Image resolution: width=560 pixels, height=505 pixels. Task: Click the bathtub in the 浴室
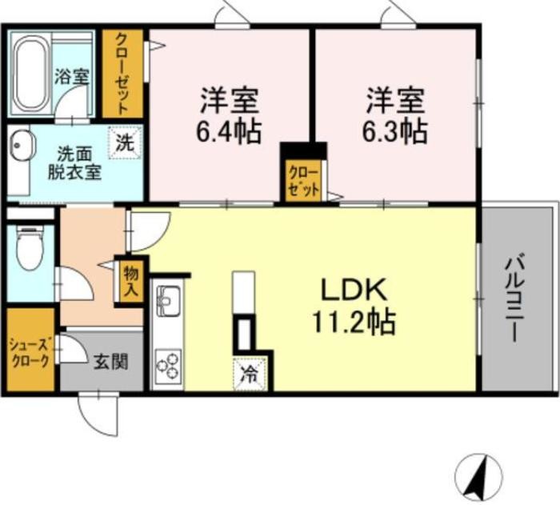(x=30, y=74)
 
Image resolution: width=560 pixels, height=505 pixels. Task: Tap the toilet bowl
(x=30, y=249)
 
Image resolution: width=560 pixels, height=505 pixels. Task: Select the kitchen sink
(x=168, y=301)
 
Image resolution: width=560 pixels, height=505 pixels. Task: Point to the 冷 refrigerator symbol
(x=250, y=374)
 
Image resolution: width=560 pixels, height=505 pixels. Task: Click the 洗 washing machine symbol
(x=126, y=142)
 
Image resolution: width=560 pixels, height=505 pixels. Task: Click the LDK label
(x=354, y=290)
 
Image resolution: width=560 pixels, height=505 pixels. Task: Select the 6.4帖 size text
(x=228, y=131)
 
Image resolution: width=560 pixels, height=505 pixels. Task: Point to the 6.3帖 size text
(x=394, y=131)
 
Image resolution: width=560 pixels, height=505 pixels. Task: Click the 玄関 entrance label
(x=111, y=362)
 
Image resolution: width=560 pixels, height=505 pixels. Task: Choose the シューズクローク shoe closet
(x=30, y=350)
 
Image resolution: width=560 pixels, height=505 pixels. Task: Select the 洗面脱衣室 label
(x=75, y=163)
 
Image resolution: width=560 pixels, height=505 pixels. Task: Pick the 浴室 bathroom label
(x=72, y=76)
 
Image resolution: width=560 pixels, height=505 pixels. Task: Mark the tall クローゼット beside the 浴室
(x=122, y=74)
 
